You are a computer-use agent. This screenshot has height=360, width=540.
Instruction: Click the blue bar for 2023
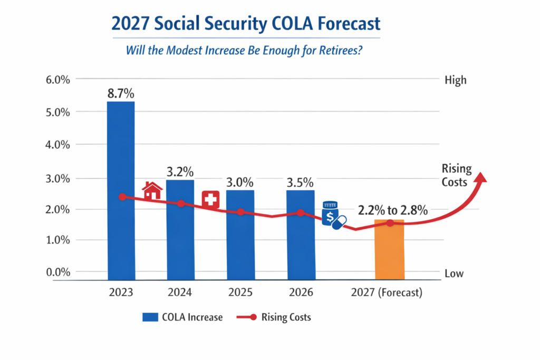(121, 190)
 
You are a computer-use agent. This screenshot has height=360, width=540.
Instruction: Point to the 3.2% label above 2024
(180, 172)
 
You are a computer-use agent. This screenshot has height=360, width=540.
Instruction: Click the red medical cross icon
(211, 200)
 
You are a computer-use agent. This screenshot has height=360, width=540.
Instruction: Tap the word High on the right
(456, 80)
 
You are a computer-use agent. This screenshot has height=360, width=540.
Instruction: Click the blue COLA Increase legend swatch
(150, 317)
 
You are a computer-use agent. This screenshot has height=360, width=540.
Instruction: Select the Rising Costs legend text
(286, 317)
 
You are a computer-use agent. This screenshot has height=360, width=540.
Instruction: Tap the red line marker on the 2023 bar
(122, 197)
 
